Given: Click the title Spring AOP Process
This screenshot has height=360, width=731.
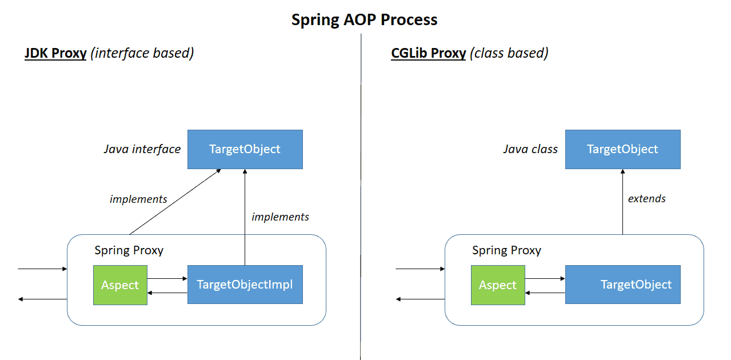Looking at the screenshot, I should click(364, 20).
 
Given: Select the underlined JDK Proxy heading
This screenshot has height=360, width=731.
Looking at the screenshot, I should click(55, 54).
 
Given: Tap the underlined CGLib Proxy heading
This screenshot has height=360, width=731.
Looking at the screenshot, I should click(428, 54).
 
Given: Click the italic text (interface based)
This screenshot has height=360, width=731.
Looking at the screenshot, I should click(143, 54).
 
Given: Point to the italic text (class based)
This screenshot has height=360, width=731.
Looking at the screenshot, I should click(509, 54).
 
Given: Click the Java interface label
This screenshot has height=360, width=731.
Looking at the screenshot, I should click(142, 150).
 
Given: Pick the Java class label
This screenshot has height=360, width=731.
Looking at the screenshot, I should click(530, 150).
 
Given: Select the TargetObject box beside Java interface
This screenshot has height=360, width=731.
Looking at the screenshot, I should click(245, 150).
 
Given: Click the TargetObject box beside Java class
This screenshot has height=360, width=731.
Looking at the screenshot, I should click(622, 150).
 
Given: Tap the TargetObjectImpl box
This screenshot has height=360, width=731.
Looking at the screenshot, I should click(245, 285).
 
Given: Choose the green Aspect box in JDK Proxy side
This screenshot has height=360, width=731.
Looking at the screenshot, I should click(120, 285).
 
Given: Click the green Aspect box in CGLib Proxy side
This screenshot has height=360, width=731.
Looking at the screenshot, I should click(497, 285).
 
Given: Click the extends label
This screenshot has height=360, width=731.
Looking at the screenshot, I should click(646, 199).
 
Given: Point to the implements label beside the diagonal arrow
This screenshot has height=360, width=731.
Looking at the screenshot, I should click(138, 199).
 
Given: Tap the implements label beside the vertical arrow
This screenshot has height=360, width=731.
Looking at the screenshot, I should click(280, 217).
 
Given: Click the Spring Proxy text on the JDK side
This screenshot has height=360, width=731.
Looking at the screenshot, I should click(129, 250).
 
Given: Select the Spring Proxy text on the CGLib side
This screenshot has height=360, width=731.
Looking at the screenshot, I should click(506, 250).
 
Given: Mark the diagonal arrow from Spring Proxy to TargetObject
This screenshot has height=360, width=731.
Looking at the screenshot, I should click(175, 202).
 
